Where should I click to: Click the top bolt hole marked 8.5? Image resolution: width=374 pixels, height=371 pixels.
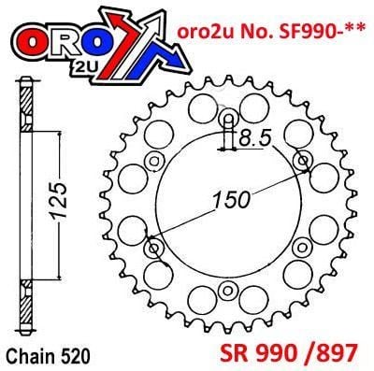[224, 121]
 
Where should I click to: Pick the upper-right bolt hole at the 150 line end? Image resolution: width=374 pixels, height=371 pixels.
[301, 163]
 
